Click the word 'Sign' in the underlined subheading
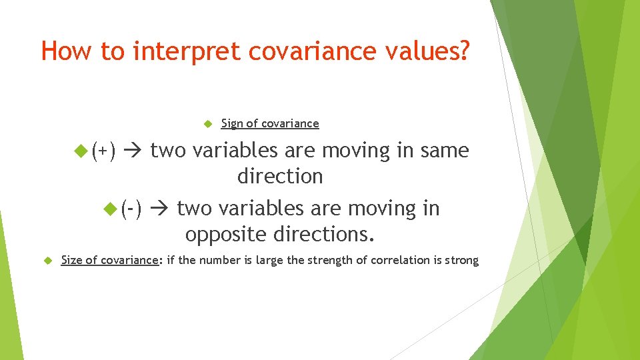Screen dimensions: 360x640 pos(232,123)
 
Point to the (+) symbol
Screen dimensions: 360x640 pos(104,151)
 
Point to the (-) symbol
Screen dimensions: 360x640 pos(131,209)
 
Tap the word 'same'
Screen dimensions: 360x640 pos(444,151)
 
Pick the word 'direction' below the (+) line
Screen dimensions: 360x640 pos(280,177)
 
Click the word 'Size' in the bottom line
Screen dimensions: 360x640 pos(72,260)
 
